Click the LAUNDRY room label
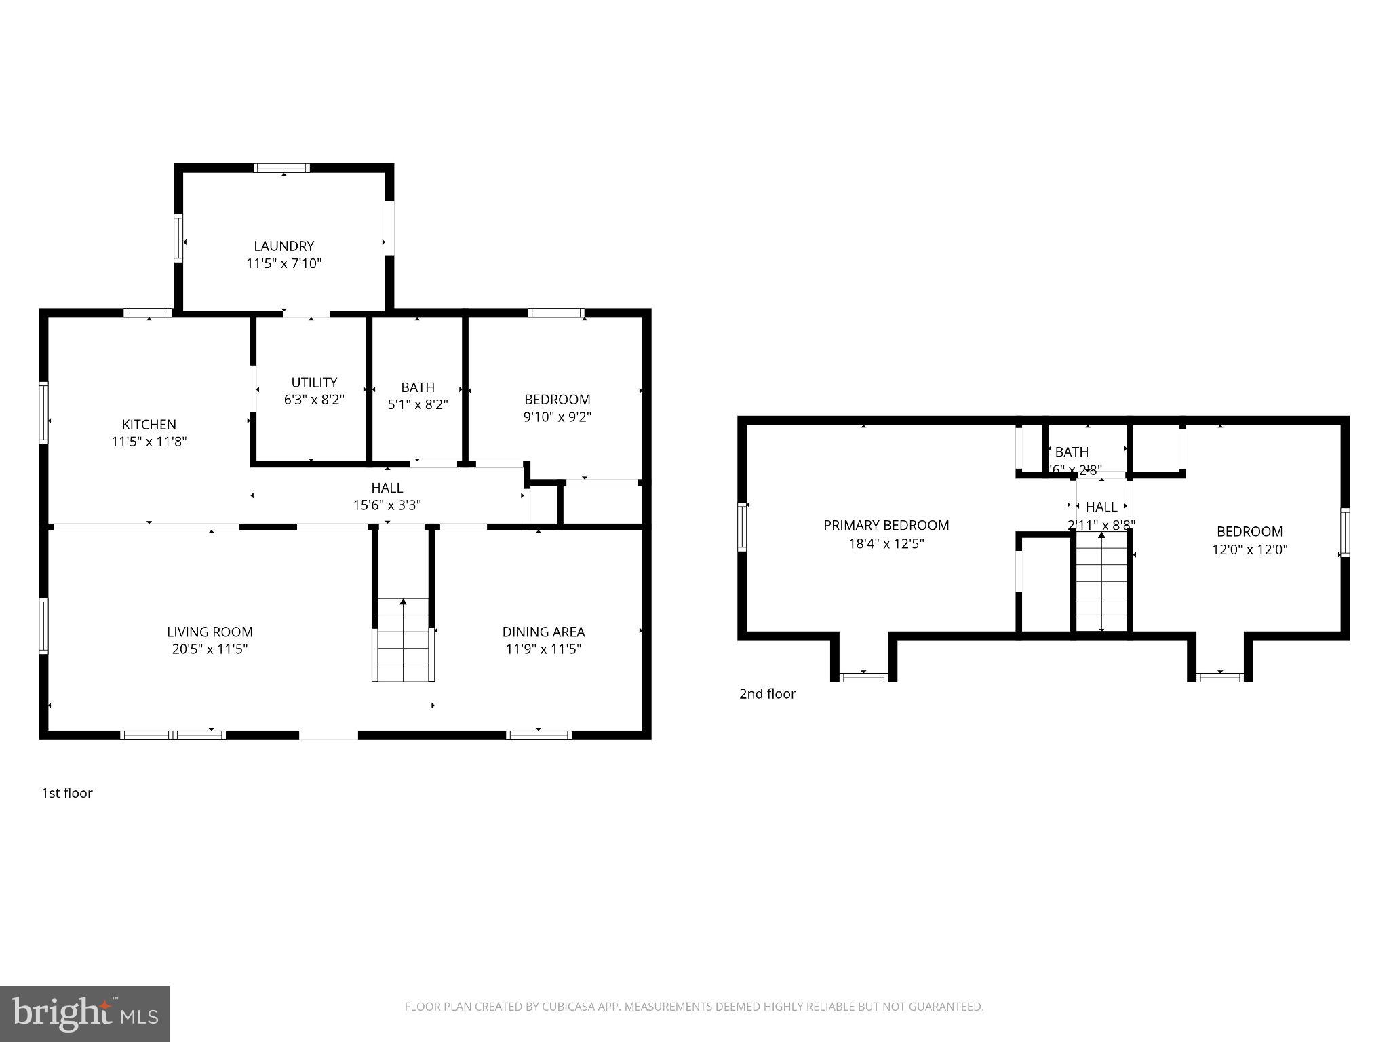click(283, 246)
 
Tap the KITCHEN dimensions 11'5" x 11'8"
click(149, 442)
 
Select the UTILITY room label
click(314, 383)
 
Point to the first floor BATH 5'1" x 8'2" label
click(417, 396)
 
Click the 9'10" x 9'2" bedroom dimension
click(557, 417)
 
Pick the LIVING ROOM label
click(210, 632)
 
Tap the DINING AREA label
click(543, 632)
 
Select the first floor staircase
click(403, 639)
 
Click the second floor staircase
click(1101, 580)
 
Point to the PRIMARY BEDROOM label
click(886, 525)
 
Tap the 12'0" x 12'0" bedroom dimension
click(1249, 549)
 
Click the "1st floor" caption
click(67, 793)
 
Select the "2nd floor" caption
click(767, 694)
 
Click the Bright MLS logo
click(85, 1014)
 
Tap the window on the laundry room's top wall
click(282, 168)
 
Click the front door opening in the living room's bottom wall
click(328, 735)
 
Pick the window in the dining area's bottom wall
click(539, 735)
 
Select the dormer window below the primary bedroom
click(863, 677)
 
